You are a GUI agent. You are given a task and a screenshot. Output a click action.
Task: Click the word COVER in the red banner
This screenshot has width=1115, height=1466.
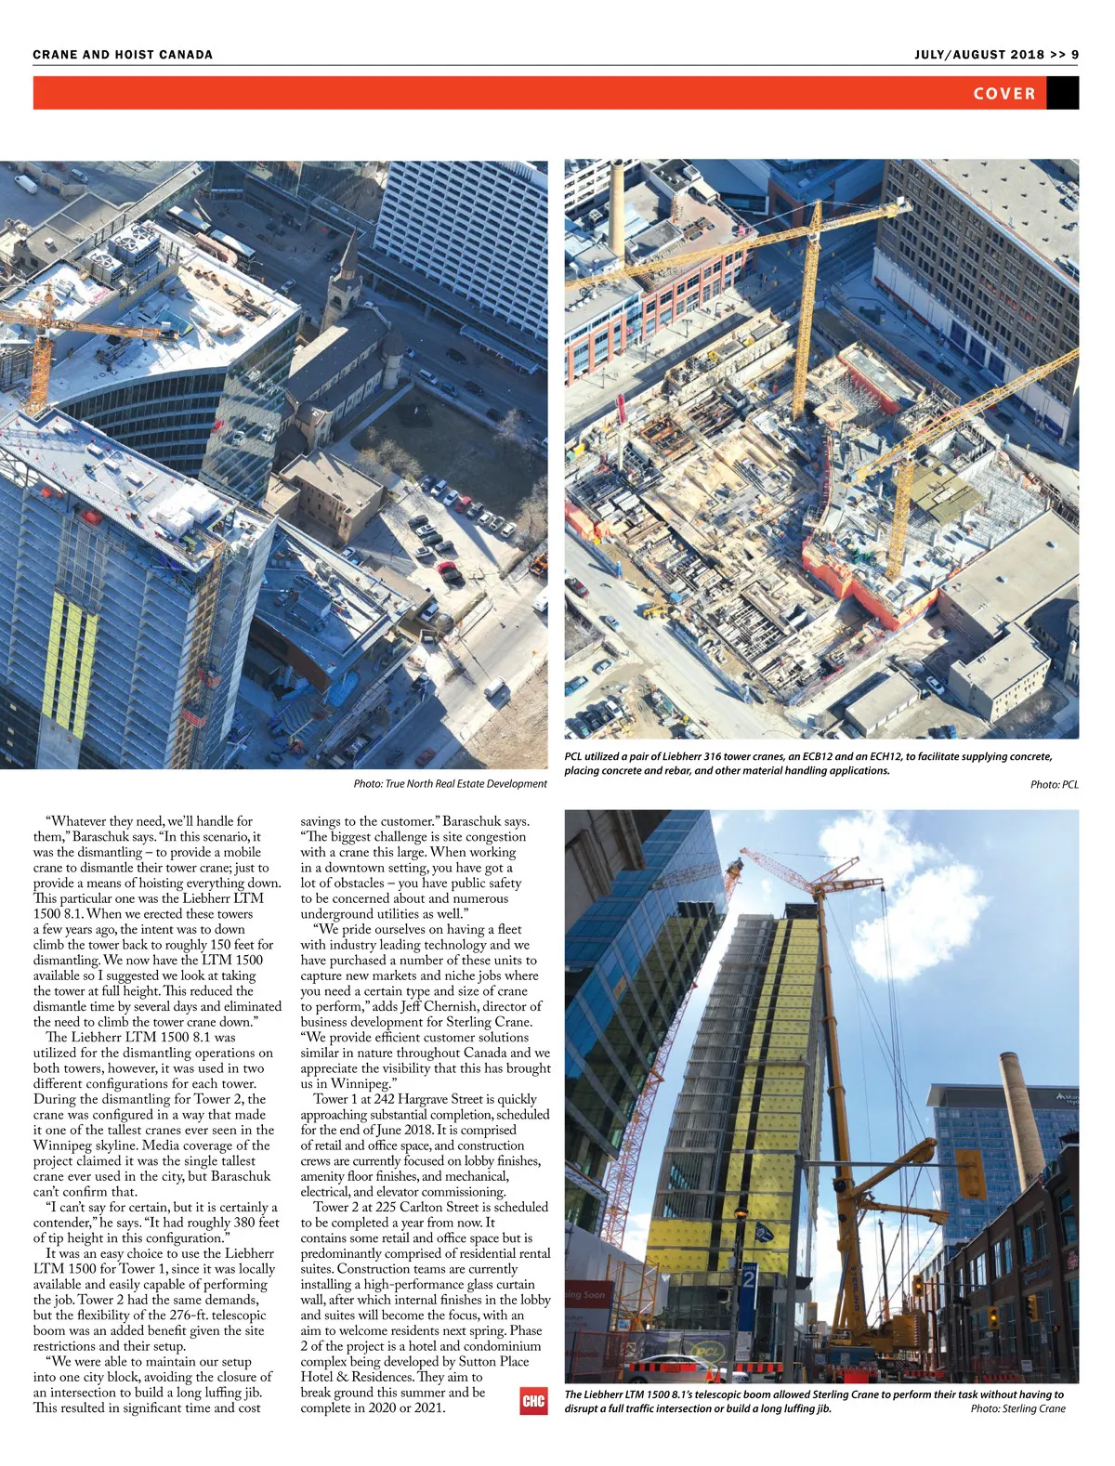(1003, 94)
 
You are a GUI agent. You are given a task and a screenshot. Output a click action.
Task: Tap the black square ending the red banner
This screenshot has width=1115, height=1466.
(1062, 93)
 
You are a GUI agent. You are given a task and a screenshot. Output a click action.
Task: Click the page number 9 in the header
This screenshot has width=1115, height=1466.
(1074, 55)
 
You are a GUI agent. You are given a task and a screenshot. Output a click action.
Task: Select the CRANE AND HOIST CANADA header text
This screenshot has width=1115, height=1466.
(123, 55)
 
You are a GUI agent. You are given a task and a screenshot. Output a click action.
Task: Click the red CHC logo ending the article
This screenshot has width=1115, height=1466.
(533, 1401)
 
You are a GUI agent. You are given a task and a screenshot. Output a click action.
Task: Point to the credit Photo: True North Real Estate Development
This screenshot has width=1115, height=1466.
(450, 784)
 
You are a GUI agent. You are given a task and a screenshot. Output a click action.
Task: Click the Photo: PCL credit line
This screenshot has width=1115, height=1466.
(1054, 785)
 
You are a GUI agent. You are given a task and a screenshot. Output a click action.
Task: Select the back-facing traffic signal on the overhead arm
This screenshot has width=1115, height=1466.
(971, 1174)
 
